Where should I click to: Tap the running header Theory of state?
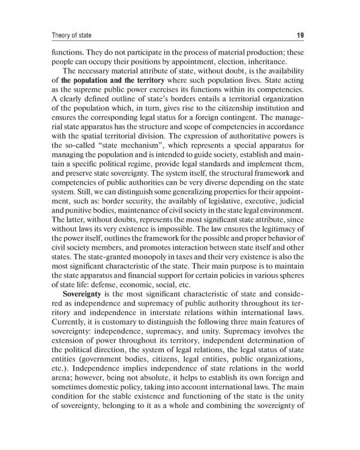coord(64,35)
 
